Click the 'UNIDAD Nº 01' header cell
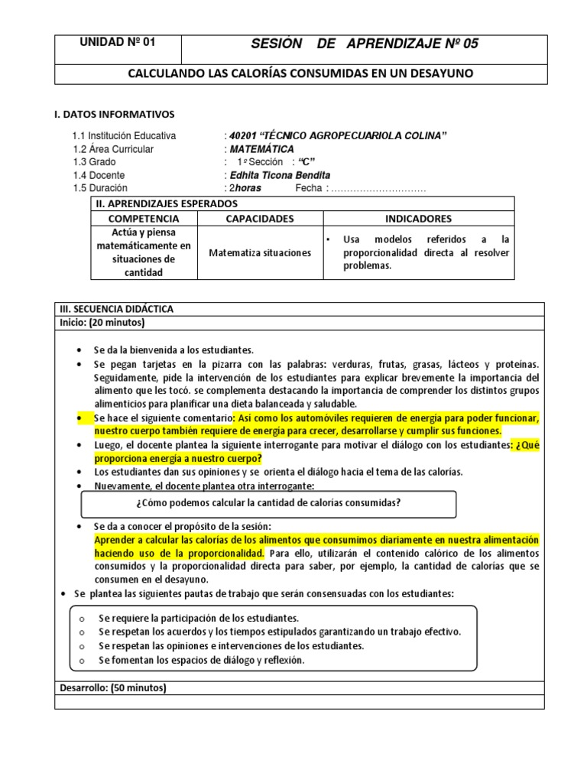[118, 43]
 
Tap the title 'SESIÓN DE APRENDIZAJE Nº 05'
[365, 44]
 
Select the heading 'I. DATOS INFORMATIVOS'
[113, 114]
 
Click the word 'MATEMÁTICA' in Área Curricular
[261, 149]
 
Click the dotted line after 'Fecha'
[378, 188]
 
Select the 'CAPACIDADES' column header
[260, 219]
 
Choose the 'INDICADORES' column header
[418, 219]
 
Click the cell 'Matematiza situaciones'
[260, 252]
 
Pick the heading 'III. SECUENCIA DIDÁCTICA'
[117, 309]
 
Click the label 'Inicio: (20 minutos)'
[102, 323]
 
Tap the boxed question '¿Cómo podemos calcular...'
[268, 502]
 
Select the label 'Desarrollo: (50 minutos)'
[113, 687]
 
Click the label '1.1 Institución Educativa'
[125, 136]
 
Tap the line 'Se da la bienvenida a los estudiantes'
[174, 349]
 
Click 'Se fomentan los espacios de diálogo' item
[201, 660]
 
